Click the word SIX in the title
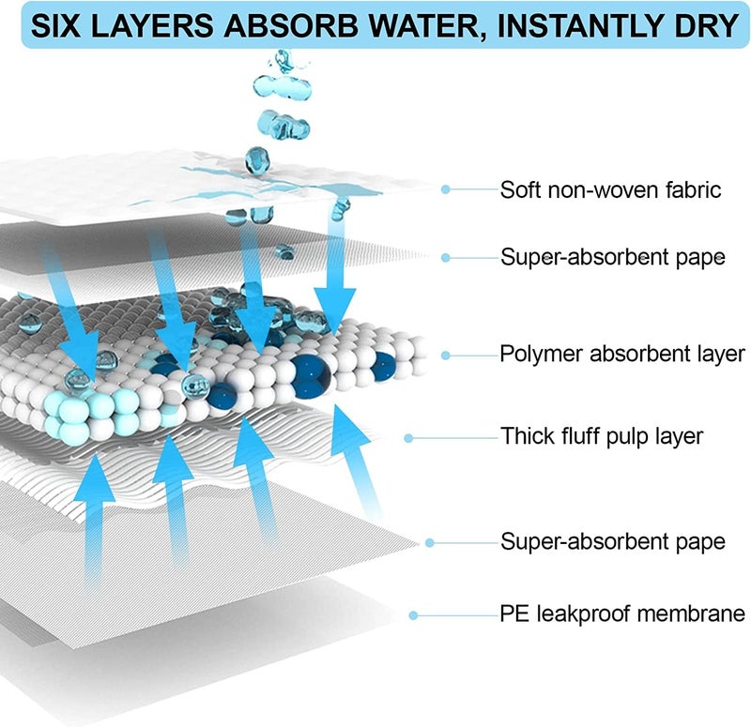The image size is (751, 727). coord(55,26)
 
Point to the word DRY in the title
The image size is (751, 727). coord(707,26)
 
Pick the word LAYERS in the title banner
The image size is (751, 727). coord(152,26)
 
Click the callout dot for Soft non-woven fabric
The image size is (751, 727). coord(445,189)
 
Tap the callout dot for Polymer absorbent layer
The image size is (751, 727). coord(445,356)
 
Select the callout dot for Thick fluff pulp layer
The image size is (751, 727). coord(408,438)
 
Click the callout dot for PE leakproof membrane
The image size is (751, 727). coord(413,615)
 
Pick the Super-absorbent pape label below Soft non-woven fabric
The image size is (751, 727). coord(613,258)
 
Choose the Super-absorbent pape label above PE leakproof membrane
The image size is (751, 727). coord(613,542)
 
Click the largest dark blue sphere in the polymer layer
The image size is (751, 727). coord(311,376)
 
